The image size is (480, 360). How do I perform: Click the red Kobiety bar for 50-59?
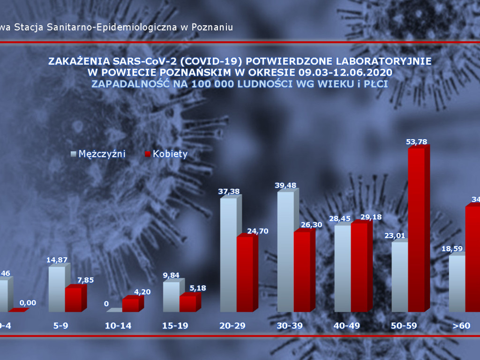click(416, 230)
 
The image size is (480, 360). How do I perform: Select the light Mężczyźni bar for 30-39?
click(285, 252)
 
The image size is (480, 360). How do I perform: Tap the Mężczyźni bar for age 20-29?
click(228, 255)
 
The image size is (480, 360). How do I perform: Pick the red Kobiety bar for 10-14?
click(130, 305)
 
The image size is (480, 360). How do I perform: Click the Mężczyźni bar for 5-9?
click(57, 289)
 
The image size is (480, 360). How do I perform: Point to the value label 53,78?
click(417, 142)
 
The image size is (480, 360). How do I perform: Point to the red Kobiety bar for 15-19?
click(187, 303)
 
